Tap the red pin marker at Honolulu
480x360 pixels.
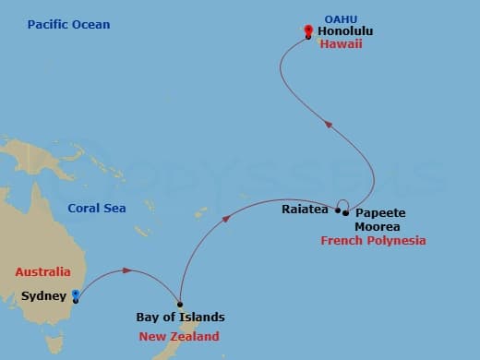(308, 31)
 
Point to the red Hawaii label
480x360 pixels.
(341, 44)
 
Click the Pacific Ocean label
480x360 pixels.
(68, 23)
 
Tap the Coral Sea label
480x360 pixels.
(97, 208)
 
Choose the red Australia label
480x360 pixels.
(42, 272)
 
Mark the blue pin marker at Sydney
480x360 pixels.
(76, 295)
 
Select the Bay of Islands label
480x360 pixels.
(180, 318)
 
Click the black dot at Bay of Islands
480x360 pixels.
(180, 305)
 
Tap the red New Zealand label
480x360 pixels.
(179, 336)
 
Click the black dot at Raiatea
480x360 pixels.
(338, 210)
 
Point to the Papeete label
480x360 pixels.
(380, 212)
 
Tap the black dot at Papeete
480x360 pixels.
(345, 213)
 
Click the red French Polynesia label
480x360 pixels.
(374, 241)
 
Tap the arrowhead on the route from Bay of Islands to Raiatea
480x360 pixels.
(228, 212)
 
